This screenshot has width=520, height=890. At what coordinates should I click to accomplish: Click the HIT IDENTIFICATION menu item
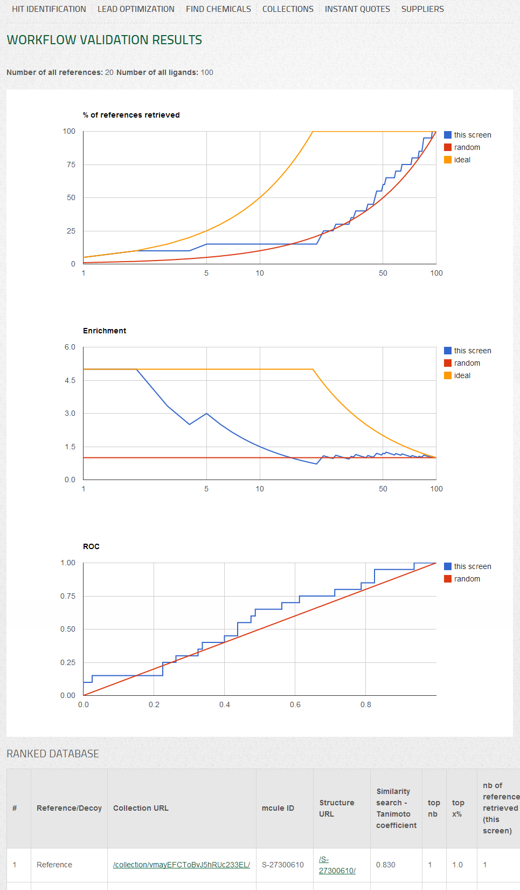48,9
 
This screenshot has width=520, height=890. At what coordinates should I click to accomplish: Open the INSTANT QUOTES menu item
357,9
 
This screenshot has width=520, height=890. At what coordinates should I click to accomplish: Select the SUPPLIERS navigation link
422,9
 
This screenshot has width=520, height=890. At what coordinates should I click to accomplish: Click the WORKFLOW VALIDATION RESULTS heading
105,40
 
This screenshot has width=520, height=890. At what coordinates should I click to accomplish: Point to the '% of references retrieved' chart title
131,115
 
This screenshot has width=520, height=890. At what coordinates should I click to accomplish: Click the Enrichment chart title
105,331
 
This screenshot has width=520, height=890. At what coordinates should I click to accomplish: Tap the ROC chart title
91,546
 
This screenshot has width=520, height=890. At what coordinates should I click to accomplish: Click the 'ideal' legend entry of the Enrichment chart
462,375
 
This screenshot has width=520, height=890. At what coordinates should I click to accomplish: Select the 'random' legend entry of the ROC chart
467,579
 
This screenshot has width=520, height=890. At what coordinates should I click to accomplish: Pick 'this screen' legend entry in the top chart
472,135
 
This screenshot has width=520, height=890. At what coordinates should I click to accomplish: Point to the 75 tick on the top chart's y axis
71,165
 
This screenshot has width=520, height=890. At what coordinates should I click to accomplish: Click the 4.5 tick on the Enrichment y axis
70,380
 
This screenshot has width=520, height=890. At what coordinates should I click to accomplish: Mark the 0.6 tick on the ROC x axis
295,704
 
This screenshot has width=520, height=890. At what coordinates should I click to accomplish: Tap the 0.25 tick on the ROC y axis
68,662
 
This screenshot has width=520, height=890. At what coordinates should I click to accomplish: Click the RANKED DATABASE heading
53,754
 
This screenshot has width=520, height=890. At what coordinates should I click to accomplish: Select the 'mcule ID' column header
278,808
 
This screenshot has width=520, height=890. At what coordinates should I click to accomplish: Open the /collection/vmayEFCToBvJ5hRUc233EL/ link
182,865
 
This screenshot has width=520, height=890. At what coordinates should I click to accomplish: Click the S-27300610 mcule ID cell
283,865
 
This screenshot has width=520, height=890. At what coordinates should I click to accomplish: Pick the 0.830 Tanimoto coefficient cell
386,865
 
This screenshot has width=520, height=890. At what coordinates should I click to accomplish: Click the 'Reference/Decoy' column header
69,808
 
